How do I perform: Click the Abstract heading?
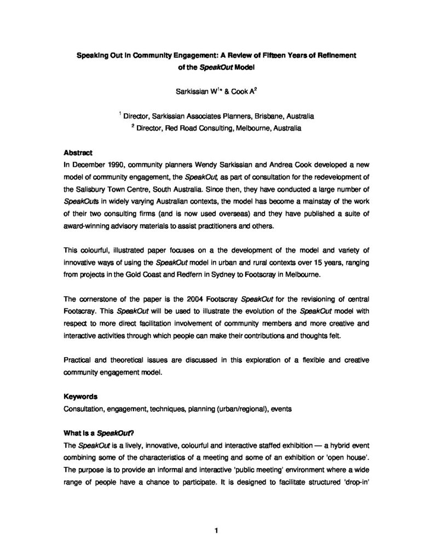pos(78,153)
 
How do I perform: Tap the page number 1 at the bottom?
pos(216,530)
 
